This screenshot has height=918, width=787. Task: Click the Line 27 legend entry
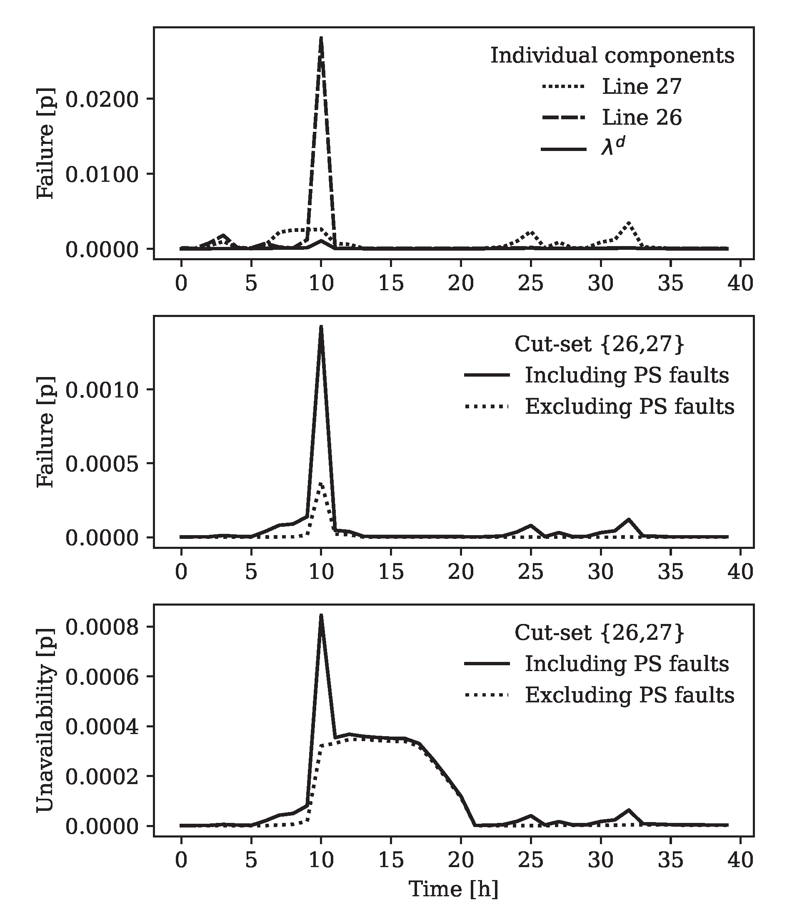(x=641, y=86)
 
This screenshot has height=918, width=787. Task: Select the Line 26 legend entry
(x=641, y=117)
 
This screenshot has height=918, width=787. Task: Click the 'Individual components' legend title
(x=612, y=56)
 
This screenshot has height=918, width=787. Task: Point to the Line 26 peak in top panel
(x=321, y=39)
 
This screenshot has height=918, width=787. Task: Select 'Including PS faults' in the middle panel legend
(x=626, y=375)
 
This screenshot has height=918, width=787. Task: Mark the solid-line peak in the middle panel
(x=321, y=327)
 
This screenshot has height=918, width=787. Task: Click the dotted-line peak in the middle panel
(x=321, y=483)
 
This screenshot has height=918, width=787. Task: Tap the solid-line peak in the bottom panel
(x=321, y=615)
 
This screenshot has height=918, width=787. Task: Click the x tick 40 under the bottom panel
(x=740, y=860)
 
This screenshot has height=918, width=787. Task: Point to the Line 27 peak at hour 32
(x=629, y=222)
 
